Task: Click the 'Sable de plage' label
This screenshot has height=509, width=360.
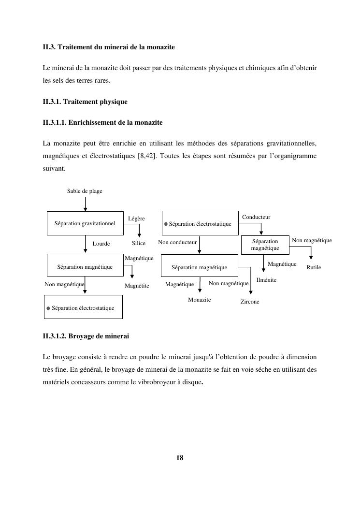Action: point(85,191)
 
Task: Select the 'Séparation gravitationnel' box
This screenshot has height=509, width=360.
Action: point(85,223)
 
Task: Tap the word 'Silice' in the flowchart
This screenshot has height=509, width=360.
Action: point(139,243)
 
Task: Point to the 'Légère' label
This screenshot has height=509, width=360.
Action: point(136,218)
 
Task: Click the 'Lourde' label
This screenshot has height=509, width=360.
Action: point(101,244)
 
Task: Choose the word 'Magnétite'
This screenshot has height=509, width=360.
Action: point(137,286)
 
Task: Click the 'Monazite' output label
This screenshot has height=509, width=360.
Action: point(200,300)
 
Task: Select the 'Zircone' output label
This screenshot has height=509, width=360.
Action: point(250,302)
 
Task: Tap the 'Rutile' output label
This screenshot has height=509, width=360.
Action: point(314,267)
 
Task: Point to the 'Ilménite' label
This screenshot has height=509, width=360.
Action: point(266,280)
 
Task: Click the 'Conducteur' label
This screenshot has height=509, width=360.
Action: point(256,217)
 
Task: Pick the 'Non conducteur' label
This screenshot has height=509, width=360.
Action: point(177,242)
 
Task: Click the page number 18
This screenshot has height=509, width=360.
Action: point(180,458)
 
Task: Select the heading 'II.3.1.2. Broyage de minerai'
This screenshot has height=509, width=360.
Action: point(86,335)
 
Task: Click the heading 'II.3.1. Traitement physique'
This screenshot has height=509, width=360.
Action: point(85,102)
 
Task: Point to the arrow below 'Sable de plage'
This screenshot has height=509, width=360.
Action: point(86,203)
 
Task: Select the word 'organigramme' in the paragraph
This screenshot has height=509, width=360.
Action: point(296,157)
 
